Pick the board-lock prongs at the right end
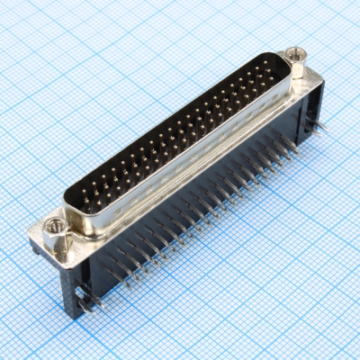321,127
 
